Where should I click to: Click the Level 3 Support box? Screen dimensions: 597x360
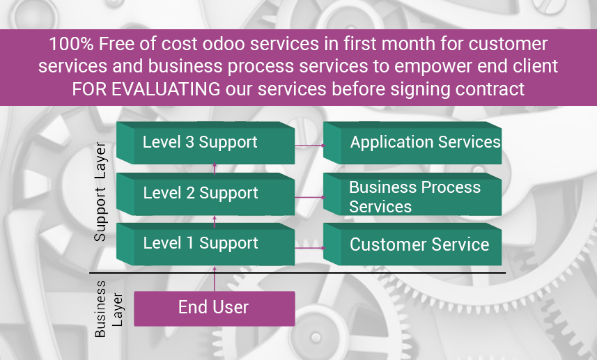206,143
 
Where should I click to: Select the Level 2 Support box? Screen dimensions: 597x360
206,194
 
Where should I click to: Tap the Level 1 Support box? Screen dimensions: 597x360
206,244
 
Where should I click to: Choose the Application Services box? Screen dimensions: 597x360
412,143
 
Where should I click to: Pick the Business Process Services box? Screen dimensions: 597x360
412,194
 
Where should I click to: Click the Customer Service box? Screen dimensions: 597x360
412,244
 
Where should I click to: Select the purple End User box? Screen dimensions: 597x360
215,308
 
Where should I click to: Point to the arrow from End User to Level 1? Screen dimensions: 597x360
215,279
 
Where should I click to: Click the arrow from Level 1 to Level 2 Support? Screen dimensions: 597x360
215,222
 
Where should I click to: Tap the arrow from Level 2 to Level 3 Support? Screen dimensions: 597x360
215,169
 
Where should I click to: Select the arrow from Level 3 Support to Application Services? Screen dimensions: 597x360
310,146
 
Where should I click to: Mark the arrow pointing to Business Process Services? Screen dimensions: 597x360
310,197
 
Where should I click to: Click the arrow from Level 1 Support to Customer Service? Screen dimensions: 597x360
310,248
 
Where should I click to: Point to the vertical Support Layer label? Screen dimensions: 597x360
100,191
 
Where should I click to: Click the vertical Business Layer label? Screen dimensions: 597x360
109,309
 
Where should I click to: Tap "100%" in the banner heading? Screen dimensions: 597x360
71,44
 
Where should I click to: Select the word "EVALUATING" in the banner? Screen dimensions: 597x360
166,89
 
